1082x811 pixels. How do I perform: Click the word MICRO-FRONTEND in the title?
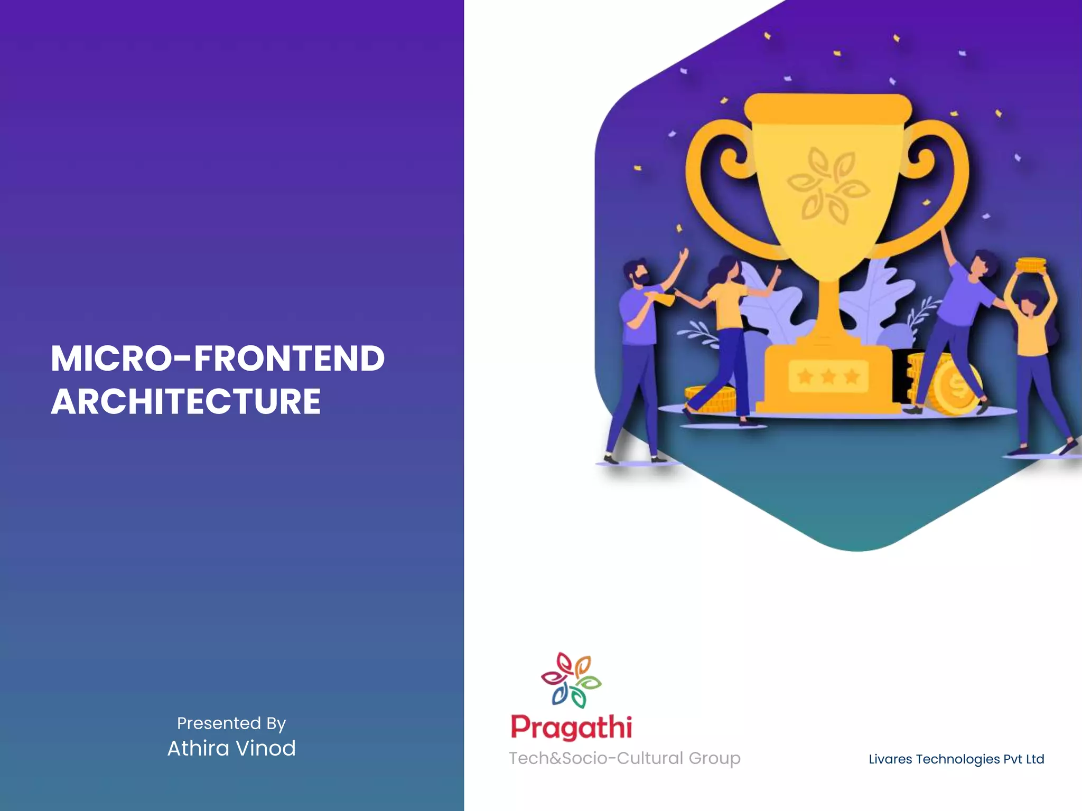[x=218, y=359]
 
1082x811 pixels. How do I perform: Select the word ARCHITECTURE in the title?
[x=186, y=402]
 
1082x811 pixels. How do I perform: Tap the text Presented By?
[x=231, y=723]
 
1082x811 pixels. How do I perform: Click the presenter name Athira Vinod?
[x=231, y=748]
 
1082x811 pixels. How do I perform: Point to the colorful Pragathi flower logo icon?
[x=571, y=680]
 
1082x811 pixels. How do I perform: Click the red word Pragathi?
[x=571, y=728]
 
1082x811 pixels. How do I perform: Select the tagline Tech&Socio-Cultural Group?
[x=624, y=758]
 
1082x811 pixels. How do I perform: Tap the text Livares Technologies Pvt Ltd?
[x=956, y=759]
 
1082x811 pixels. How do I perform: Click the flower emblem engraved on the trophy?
[x=827, y=185]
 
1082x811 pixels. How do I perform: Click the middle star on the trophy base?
[x=828, y=376]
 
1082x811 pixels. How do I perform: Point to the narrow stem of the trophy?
[x=828, y=312]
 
